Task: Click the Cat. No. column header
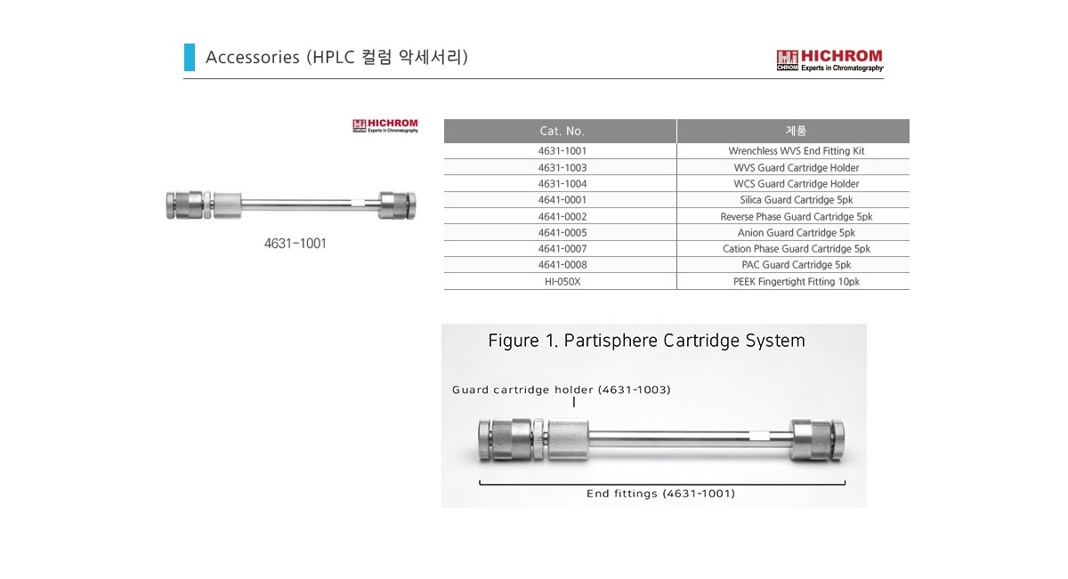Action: click(562, 132)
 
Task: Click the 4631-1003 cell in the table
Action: click(562, 167)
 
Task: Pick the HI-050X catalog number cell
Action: click(562, 281)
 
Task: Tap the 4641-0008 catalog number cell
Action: click(562, 265)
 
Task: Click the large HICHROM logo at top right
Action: click(829, 60)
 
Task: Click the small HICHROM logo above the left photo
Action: click(385, 126)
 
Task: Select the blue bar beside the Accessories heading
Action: click(189, 57)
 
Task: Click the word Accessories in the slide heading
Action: click(252, 58)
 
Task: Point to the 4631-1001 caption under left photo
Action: click(295, 243)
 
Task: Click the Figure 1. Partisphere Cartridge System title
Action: click(646, 341)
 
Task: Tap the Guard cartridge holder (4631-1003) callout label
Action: click(561, 390)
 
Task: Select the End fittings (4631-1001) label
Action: click(660, 494)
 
